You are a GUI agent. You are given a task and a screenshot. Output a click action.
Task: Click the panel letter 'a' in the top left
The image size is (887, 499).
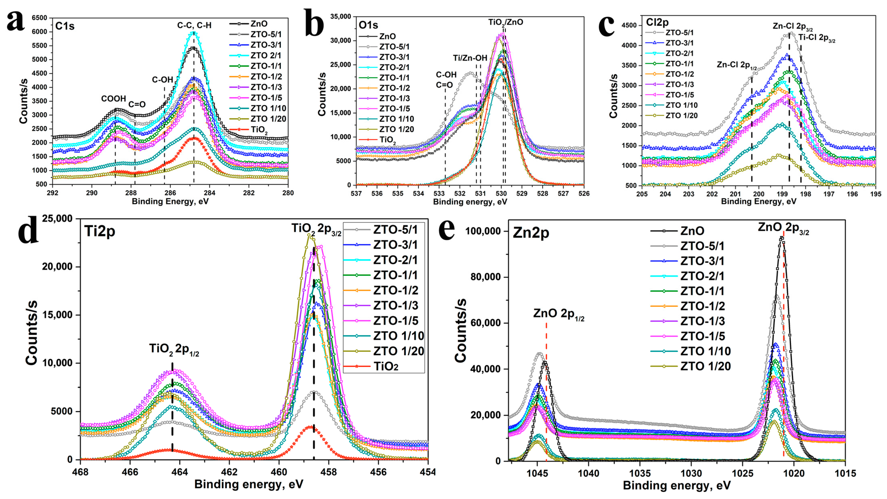(x=16, y=21)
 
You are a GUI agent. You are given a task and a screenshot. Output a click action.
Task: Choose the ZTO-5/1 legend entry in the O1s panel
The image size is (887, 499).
(x=394, y=47)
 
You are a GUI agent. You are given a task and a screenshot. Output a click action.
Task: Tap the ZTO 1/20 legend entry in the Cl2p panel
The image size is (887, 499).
(x=682, y=116)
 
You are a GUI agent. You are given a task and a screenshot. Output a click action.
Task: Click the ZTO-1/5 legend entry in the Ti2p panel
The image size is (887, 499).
(x=396, y=321)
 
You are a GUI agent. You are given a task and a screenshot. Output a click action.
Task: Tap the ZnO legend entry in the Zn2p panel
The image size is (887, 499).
(x=692, y=231)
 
